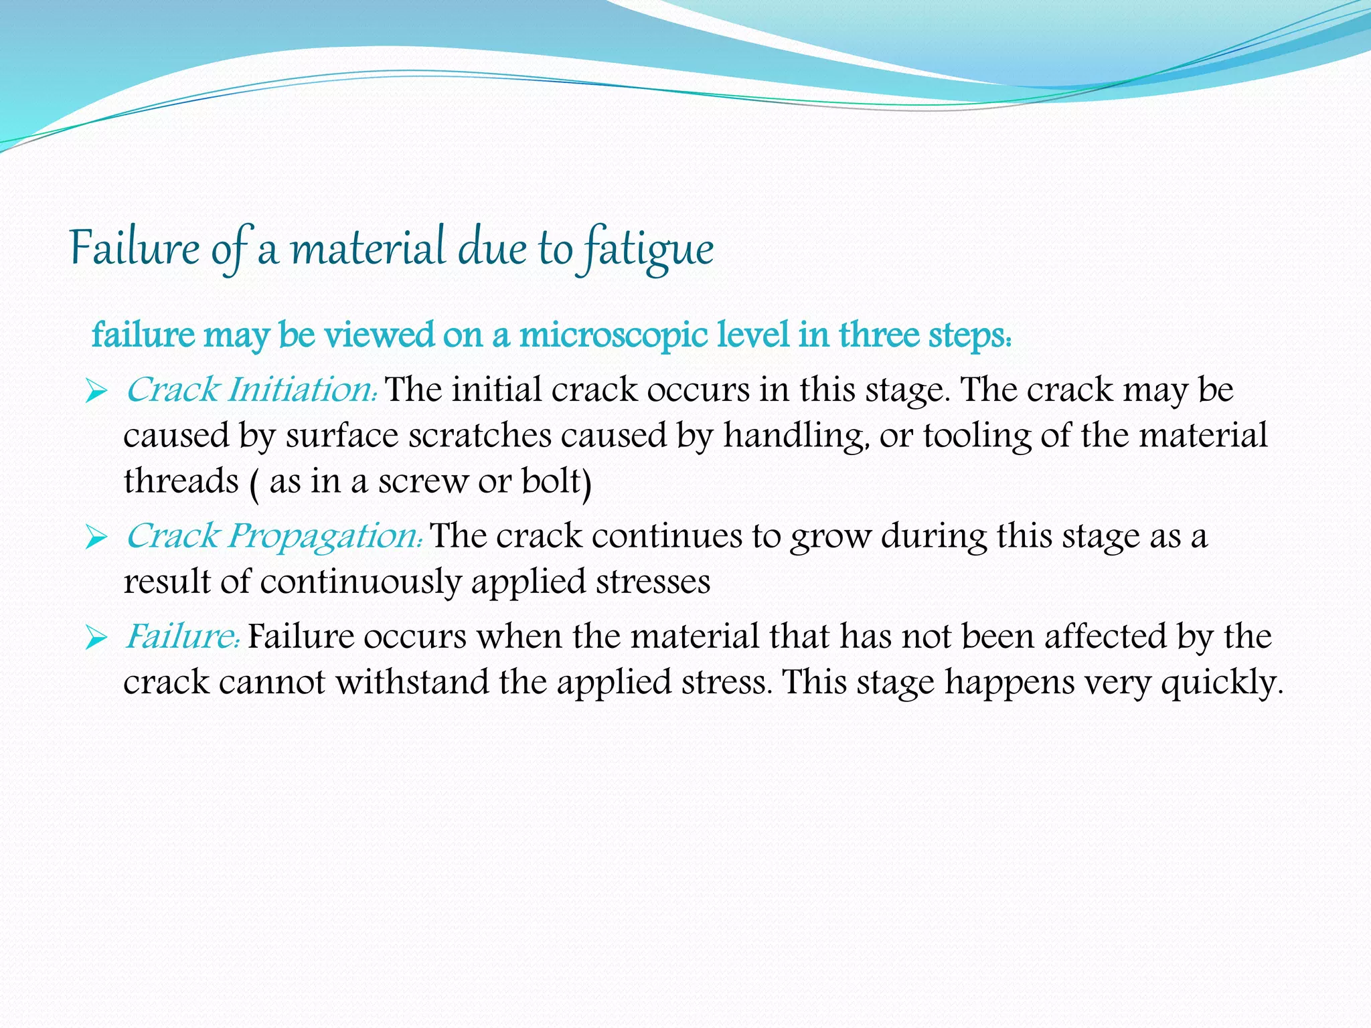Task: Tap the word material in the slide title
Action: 369,248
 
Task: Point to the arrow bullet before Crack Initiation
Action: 96,392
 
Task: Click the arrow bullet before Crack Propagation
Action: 96,537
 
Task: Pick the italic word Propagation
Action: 325,535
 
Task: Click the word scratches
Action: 479,436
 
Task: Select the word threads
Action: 181,481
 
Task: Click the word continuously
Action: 360,582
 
